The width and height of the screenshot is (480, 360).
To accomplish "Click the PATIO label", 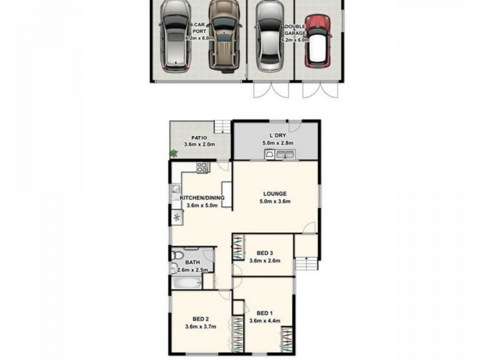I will pyautogui.click(x=191, y=137).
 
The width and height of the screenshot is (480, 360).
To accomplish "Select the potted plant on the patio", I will pyautogui.click(x=174, y=154).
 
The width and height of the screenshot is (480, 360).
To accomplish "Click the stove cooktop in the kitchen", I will pyautogui.click(x=202, y=169).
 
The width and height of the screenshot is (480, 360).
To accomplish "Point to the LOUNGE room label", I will pyautogui.click(x=275, y=193).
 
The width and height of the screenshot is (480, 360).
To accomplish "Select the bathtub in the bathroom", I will pyautogui.click(x=187, y=283).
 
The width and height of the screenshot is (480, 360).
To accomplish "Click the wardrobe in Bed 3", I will pyautogui.click(x=239, y=247).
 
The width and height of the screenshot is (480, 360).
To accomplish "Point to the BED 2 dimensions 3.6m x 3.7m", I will pyautogui.click(x=200, y=326).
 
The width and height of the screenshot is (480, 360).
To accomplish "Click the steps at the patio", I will pyautogui.click(x=223, y=126).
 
